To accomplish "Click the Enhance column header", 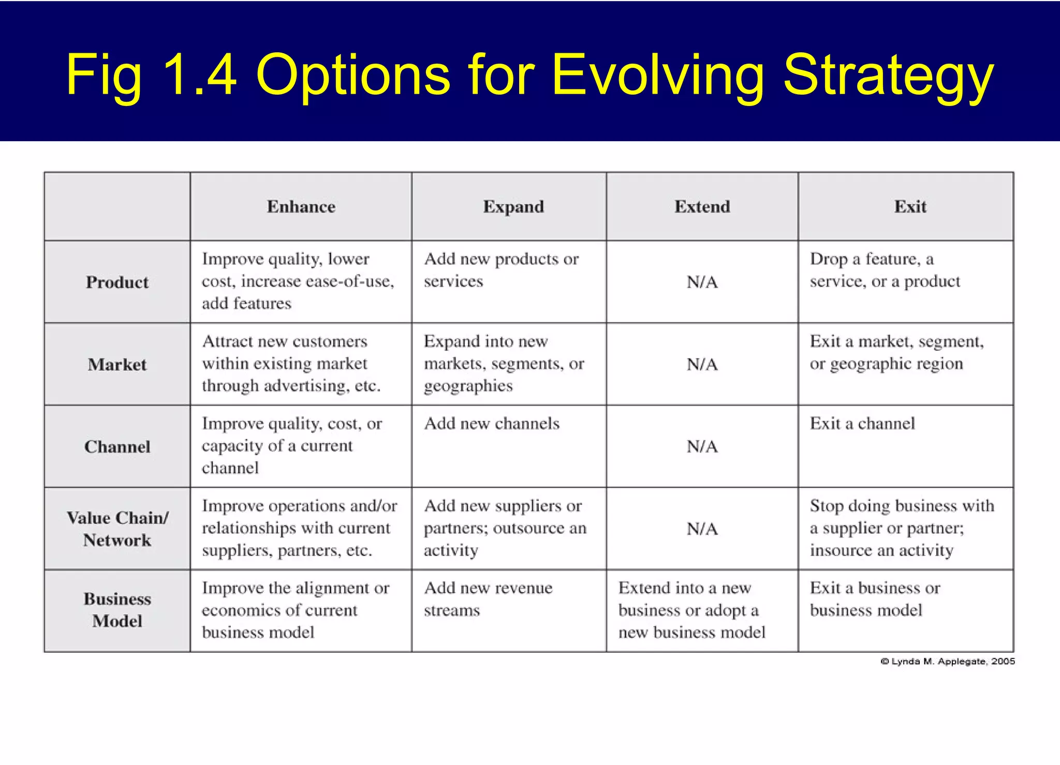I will coord(301,206).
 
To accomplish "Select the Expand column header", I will coord(513,206).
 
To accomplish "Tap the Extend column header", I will coord(702,206).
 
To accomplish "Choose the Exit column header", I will coord(910,206).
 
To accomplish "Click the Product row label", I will coord(117,282).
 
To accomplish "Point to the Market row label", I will coord(117,365).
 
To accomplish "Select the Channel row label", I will coord(117,447).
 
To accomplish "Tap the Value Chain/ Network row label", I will coord(117,529).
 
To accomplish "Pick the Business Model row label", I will coord(117,610).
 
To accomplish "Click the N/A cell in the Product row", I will coord(702,282).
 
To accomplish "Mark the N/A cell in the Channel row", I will coord(702,447).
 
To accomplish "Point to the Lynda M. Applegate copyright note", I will coord(947,662).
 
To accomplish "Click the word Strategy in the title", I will coord(888,75).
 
